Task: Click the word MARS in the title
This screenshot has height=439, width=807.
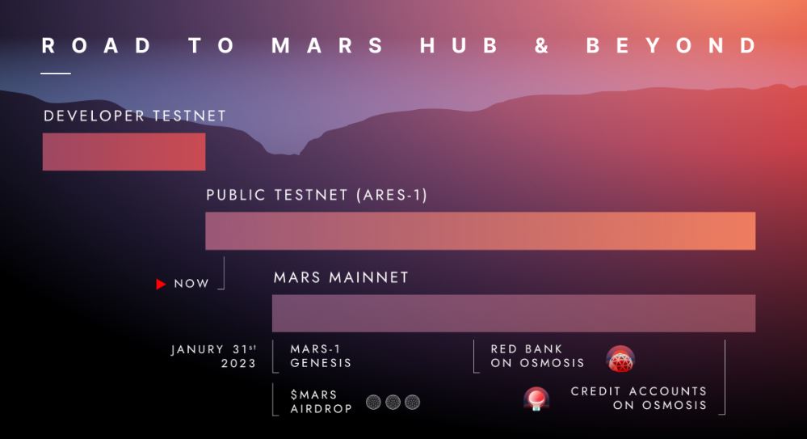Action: [x=327, y=45]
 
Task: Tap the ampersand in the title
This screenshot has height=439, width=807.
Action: [x=541, y=45]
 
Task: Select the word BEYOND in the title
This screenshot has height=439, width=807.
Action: [x=671, y=45]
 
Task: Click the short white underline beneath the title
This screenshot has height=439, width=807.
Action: [x=56, y=73]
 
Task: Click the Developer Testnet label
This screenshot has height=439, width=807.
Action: [x=135, y=116]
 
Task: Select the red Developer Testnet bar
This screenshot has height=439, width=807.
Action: [x=124, y=151]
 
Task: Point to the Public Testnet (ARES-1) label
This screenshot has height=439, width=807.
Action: [x=317, y=195]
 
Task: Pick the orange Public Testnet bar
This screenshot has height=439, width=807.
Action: [x=480, y=231]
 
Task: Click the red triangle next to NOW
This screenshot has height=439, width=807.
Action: [x=161, y=284]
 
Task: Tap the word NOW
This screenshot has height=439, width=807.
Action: [x=191, y=284]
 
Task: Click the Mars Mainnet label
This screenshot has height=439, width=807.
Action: [x=341, y=278]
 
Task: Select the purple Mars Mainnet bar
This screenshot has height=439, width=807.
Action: [x=514, y=313]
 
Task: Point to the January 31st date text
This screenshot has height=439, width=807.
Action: [x=213, y=349]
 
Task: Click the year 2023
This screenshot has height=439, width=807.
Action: [x=238, y=363]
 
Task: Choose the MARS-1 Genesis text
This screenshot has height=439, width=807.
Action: [x=321, y=356]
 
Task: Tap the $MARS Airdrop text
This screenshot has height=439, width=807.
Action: [x=322, y=401]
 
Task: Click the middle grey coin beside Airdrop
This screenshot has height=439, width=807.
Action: [x=393, y=402]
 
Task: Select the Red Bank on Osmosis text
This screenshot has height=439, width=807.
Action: [x=537, y=356]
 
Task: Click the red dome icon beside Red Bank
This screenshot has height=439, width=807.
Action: [x=620, y=359]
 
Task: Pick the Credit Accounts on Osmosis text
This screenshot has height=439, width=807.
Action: [x=639, y=398]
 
